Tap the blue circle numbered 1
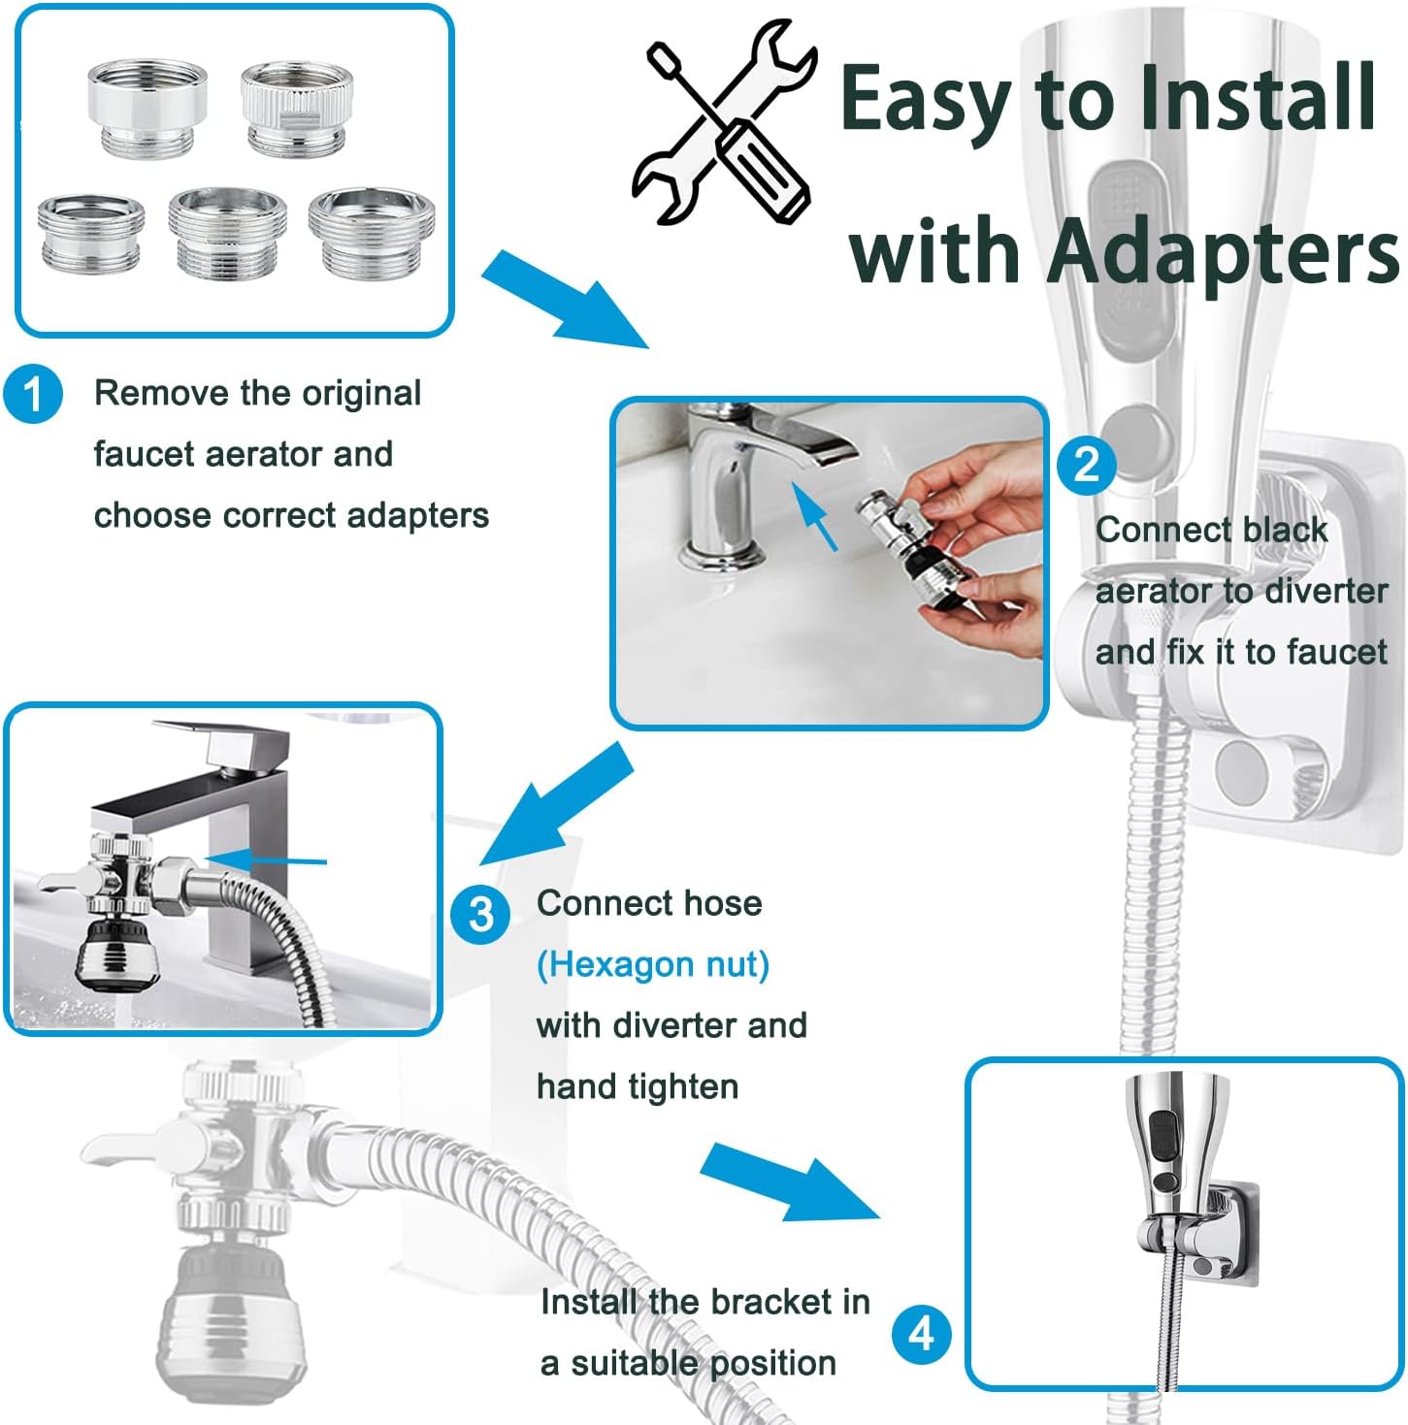click(x=33, y=395)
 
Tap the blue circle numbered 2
click(x=1086, y=465)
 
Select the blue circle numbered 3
click(x=480, y=914)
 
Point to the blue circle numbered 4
click(x=921, y=1334)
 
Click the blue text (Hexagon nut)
click(x=653, y=964)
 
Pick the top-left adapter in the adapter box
click(x=147, y=107)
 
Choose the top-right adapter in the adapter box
click(x=297, y=107)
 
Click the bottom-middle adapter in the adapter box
click(x=228, y=232)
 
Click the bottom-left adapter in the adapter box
click(x=91, y=233)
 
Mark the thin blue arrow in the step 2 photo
click(x=814, y=516)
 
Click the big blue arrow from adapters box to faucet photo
click(x=563, y=298)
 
